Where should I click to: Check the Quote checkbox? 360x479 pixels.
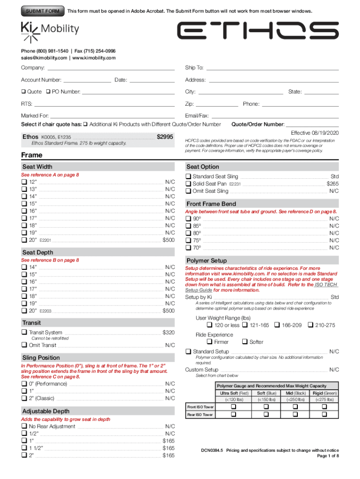tap(24, 92)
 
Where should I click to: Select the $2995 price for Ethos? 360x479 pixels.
tap(165, 137)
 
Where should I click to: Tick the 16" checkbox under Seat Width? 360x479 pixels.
tap(24, 211)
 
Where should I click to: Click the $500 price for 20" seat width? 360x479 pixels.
tap(168, 240)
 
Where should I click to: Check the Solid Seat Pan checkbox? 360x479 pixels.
tap(188, 184)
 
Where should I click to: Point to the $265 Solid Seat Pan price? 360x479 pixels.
tap(332, 184)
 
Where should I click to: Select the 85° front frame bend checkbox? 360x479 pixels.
tap(188, 225)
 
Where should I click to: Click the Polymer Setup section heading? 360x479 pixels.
tap(207, 261)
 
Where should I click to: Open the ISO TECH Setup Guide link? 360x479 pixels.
tap(325, 284)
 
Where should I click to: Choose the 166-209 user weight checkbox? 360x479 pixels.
tap(277, 325)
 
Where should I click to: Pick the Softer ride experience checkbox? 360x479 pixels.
tap(245, 342)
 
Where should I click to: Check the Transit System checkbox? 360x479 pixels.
tap(24, 333)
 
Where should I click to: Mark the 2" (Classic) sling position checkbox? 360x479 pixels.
tap(24, 398)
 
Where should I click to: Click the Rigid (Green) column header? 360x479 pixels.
tap(324, 393)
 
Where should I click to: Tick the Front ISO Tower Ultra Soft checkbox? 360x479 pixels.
tap(233, 407)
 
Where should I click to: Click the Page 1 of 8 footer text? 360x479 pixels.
tap(328, 456)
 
